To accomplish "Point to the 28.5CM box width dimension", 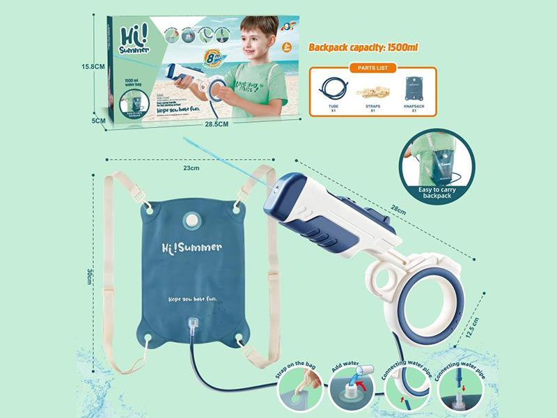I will tap(217, 124).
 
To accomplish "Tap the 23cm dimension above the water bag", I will tap(191, 168).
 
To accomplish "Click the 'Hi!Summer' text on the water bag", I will tap(192, 247).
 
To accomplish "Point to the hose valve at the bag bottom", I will tap(193, 326).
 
